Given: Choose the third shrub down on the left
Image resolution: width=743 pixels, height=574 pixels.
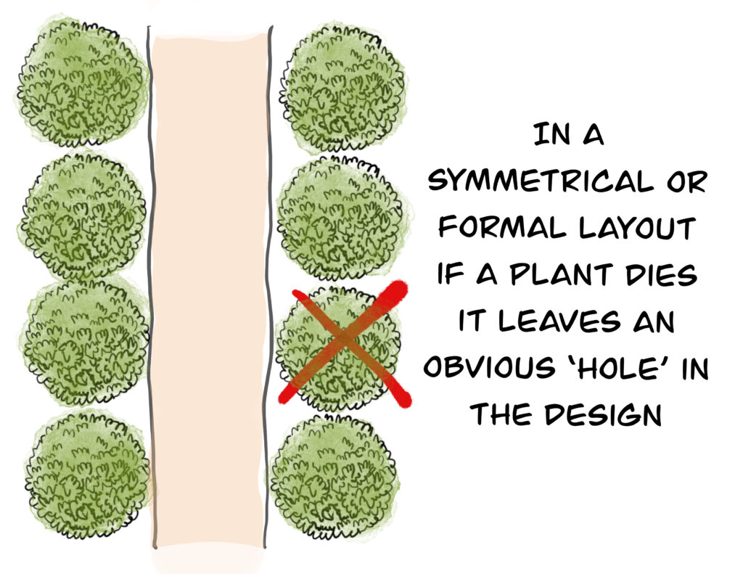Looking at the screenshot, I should pos(86,341).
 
